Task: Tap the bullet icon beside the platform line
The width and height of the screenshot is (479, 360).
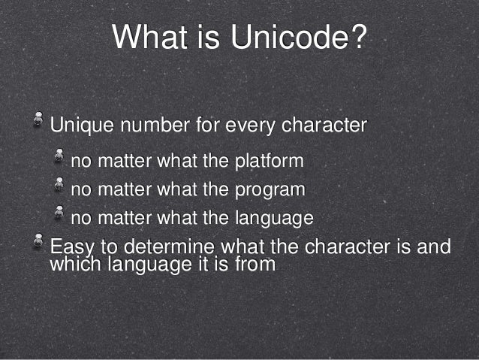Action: pyautogui.click(x=58, y=156)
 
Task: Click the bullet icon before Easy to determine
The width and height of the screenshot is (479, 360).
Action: pyautogui.click(x=36, y=241)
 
